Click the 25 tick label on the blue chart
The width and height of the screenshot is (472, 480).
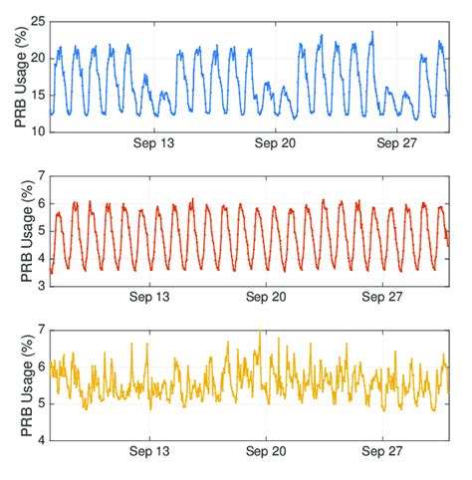[37, 21]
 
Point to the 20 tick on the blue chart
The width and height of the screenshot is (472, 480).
[37, 58]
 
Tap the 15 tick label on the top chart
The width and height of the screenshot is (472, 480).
[37, 95]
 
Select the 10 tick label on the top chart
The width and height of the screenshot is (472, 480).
[37, 131]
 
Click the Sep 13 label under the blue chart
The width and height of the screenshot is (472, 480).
[149, 145]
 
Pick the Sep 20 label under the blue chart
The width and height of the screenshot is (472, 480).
[267, 145]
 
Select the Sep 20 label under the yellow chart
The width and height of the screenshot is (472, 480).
[267, 452]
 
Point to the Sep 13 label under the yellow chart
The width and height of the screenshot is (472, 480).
[149, 452]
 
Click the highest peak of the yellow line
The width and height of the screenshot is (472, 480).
[260, 332]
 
